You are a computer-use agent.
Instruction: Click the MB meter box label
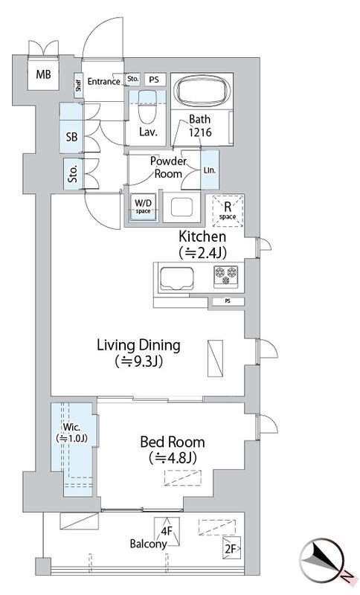point(43,74)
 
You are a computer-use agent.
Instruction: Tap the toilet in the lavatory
point(147,106)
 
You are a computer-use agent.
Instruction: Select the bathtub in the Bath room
point(202,91)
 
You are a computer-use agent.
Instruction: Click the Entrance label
point(104,81)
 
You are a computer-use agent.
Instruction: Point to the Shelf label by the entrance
point(79,86)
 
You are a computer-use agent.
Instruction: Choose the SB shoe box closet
point(71,128)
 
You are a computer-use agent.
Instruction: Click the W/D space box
point(143,208)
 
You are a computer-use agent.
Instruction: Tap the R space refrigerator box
point(227,210)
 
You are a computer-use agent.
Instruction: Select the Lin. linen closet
point(210,170)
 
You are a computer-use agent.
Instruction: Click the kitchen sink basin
point(177,278)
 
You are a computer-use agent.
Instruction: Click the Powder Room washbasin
point(181,208)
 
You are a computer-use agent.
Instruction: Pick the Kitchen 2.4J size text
point(202,252)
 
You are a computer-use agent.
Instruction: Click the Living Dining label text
point(139,345)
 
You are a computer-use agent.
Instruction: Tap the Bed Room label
point(173,442)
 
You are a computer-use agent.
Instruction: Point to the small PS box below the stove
point(228,301)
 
